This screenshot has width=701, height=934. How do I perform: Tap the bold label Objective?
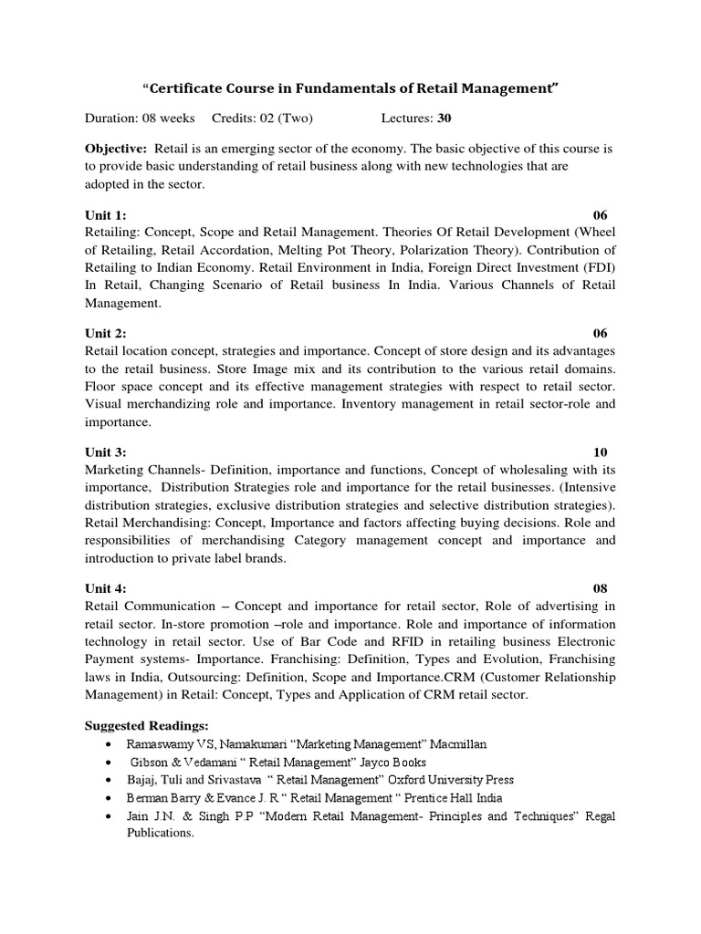pyautogui.click(x=116, y=148)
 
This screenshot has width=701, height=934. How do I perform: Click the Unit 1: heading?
pyautogui.click(x=105, y=215)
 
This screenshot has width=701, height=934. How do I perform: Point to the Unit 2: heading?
pyautogui.click(x=105, y=334)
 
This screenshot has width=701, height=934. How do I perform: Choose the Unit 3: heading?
pyautogui.click(x=105, y=452)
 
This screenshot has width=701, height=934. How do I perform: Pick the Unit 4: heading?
pyautogui.click(x=105, y=588)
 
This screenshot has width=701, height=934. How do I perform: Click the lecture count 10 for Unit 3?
pyautogui.click(x=600, y=452)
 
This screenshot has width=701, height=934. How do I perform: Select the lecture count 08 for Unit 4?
pyautogui.click(x=600, y=588)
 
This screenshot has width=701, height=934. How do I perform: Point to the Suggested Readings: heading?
pyautogui.click(x=147, y=726)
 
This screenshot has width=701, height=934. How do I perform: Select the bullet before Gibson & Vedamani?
pyautogui.click(x=110, y=763)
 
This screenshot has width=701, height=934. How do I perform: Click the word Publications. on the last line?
pyautogui.click(x=161, y=833)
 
